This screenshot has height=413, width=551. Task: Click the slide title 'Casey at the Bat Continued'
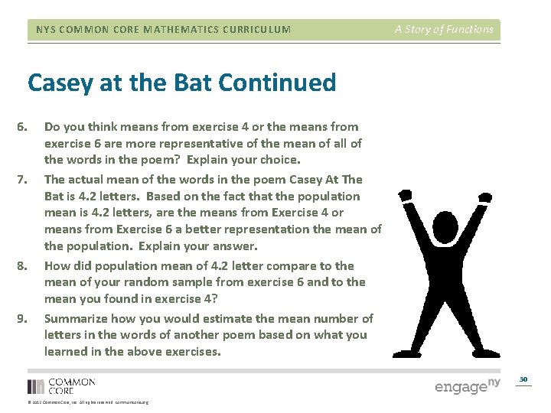point(181,83)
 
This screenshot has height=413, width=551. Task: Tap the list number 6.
point(21,127)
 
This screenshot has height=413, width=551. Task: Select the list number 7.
point(21,180)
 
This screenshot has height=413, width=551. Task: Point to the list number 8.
point(21,266)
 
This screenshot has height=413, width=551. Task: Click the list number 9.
point(21,319)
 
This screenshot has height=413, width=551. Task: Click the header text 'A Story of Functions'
point(444,30)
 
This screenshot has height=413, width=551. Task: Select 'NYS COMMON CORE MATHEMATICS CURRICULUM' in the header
point(164,30)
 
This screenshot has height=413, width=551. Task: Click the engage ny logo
point(467,385)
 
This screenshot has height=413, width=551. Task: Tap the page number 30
point(523,379)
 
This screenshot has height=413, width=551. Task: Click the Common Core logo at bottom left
point(61,386)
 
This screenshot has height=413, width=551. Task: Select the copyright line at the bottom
point(88,402)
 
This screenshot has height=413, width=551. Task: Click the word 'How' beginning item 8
point(56,265)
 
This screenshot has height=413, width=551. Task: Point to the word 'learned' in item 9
point(64,351)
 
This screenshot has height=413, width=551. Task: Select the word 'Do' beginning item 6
point(52,126)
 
